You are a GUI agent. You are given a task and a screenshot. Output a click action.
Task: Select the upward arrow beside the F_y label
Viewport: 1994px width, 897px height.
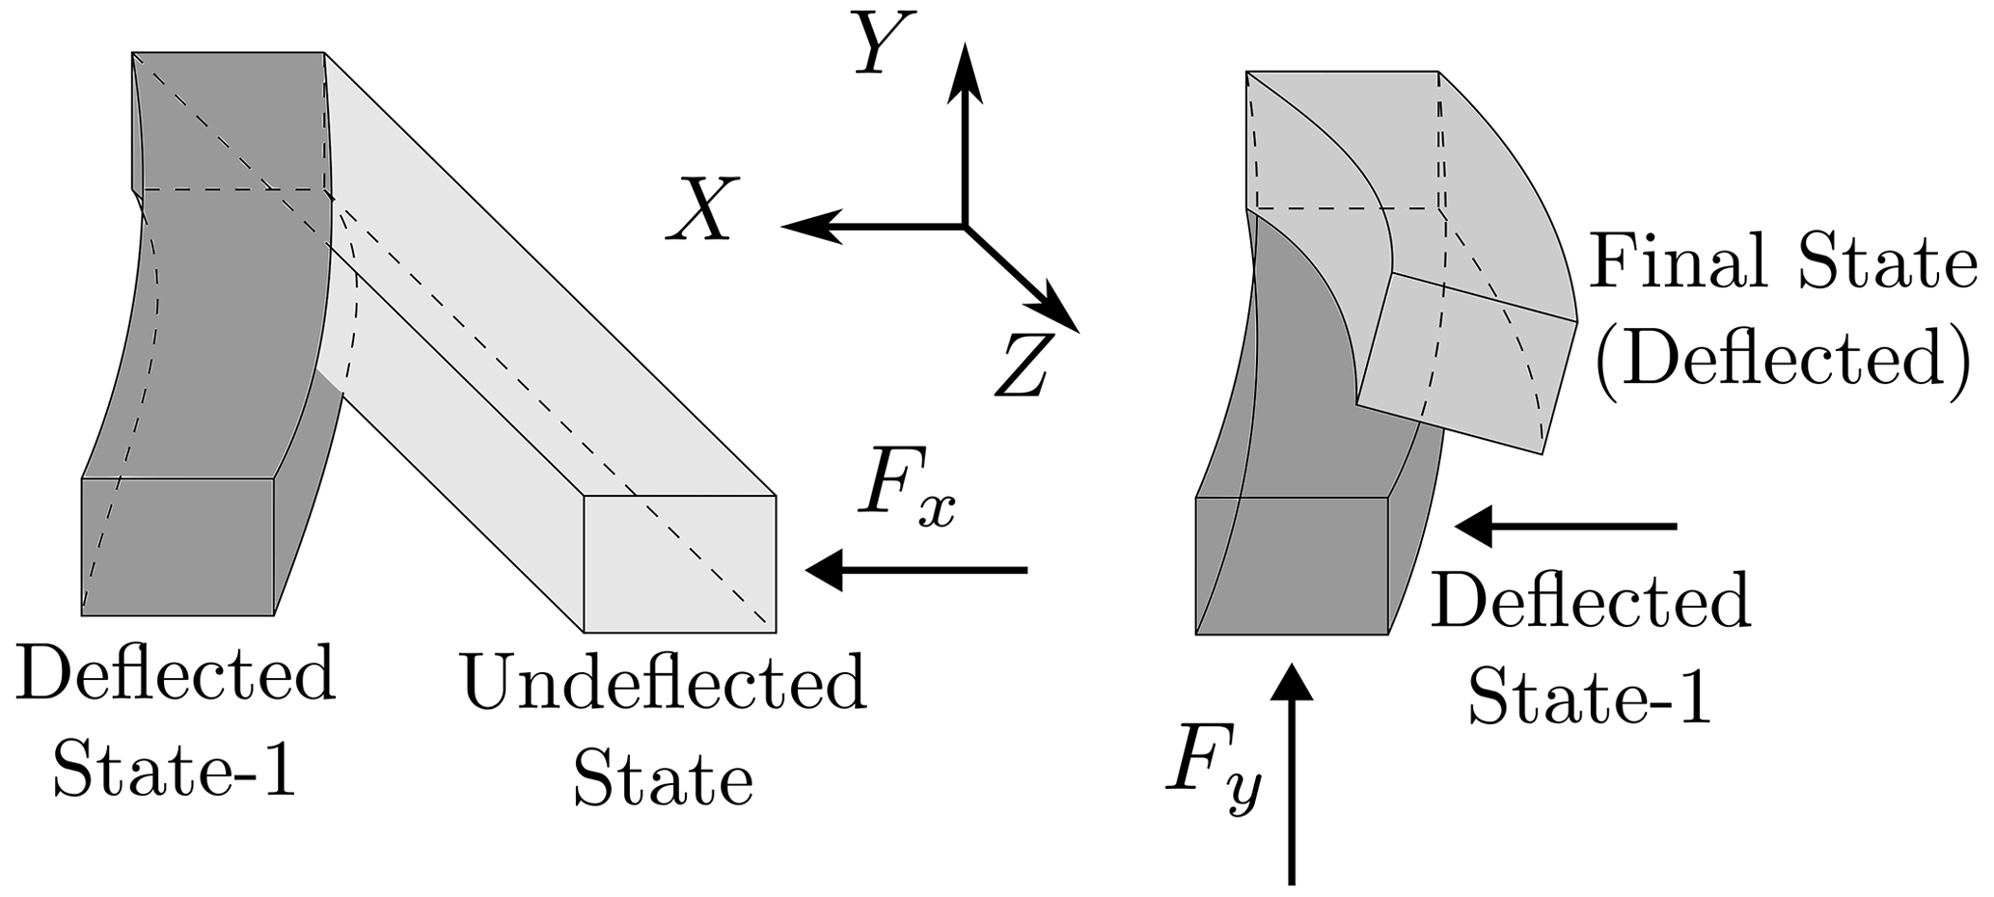[x=1291, y=772]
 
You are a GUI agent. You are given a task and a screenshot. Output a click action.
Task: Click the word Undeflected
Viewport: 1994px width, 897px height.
[x=665, y=683]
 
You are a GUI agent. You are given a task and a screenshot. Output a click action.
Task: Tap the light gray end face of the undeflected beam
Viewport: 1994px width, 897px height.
[x=679, y=563]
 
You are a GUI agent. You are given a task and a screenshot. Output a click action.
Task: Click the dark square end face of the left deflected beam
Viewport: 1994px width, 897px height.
[x=178, y=546]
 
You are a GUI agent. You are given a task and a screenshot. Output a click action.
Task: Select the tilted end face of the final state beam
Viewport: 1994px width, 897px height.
[x=1466, y=362]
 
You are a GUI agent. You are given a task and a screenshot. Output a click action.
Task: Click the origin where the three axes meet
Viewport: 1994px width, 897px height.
[x=964, y=226]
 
